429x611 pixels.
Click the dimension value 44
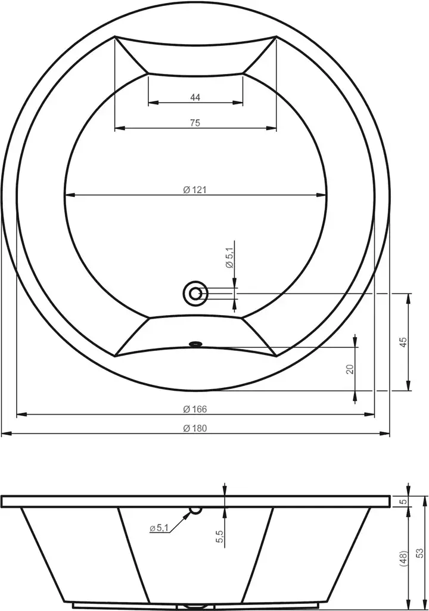coord(195,97)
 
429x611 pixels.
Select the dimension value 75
coord(195,123)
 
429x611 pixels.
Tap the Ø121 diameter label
coord(195,190)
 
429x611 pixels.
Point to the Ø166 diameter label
coord(195,409)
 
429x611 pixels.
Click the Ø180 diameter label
coord(195,428)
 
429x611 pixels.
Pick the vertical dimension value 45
coord(403,342)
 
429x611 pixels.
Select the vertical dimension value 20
coord(350,369)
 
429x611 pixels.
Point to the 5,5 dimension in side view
coord(220,536)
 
